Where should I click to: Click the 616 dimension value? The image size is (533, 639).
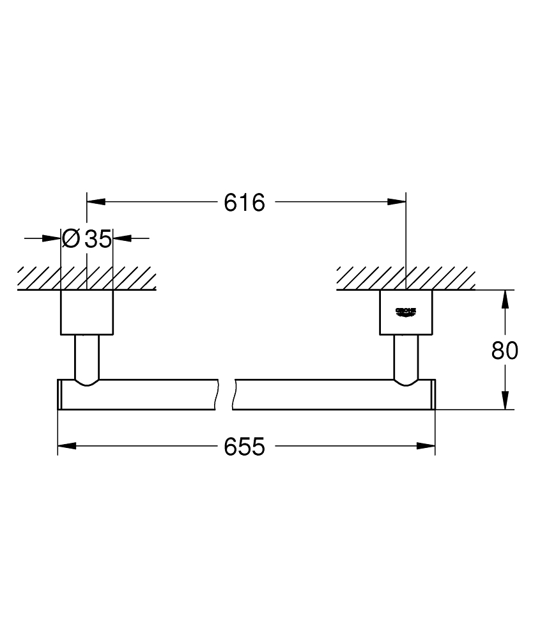pyautogui.click(x=244, y=203)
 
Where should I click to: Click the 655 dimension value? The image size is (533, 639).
pyautogui.click(x=244, y=447)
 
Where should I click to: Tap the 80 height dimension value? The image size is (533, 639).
pyautogui.click(x=505, y=350)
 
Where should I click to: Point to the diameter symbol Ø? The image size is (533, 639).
pyautogui.click(x=72, y=239)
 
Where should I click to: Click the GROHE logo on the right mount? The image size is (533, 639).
pyautogui.click(x=406, y=311)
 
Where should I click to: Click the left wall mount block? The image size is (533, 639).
pyautogui.click(x=86, y=312)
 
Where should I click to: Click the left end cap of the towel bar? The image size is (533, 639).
pyautogui.click(x=60, y=394)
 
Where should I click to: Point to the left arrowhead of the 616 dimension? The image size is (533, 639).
pyautogui.click(x=95, y=202)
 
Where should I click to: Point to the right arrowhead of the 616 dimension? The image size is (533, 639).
pyautogui.click(x=397, y=202)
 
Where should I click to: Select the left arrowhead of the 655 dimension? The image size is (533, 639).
pyautogui.click(x=67, y=446)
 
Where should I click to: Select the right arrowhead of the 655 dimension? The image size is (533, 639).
pyautogui.click(x=426, y=446)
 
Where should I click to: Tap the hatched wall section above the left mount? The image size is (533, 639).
pyautogui.click(x=86, y=278)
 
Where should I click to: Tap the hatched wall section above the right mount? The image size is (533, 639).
pyautogui.click(x=406, y=278)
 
